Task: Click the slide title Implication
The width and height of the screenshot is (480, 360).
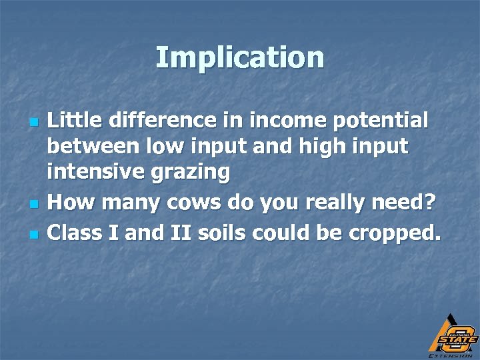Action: (240, 58)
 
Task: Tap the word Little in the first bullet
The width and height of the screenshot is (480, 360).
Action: (74, 120)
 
